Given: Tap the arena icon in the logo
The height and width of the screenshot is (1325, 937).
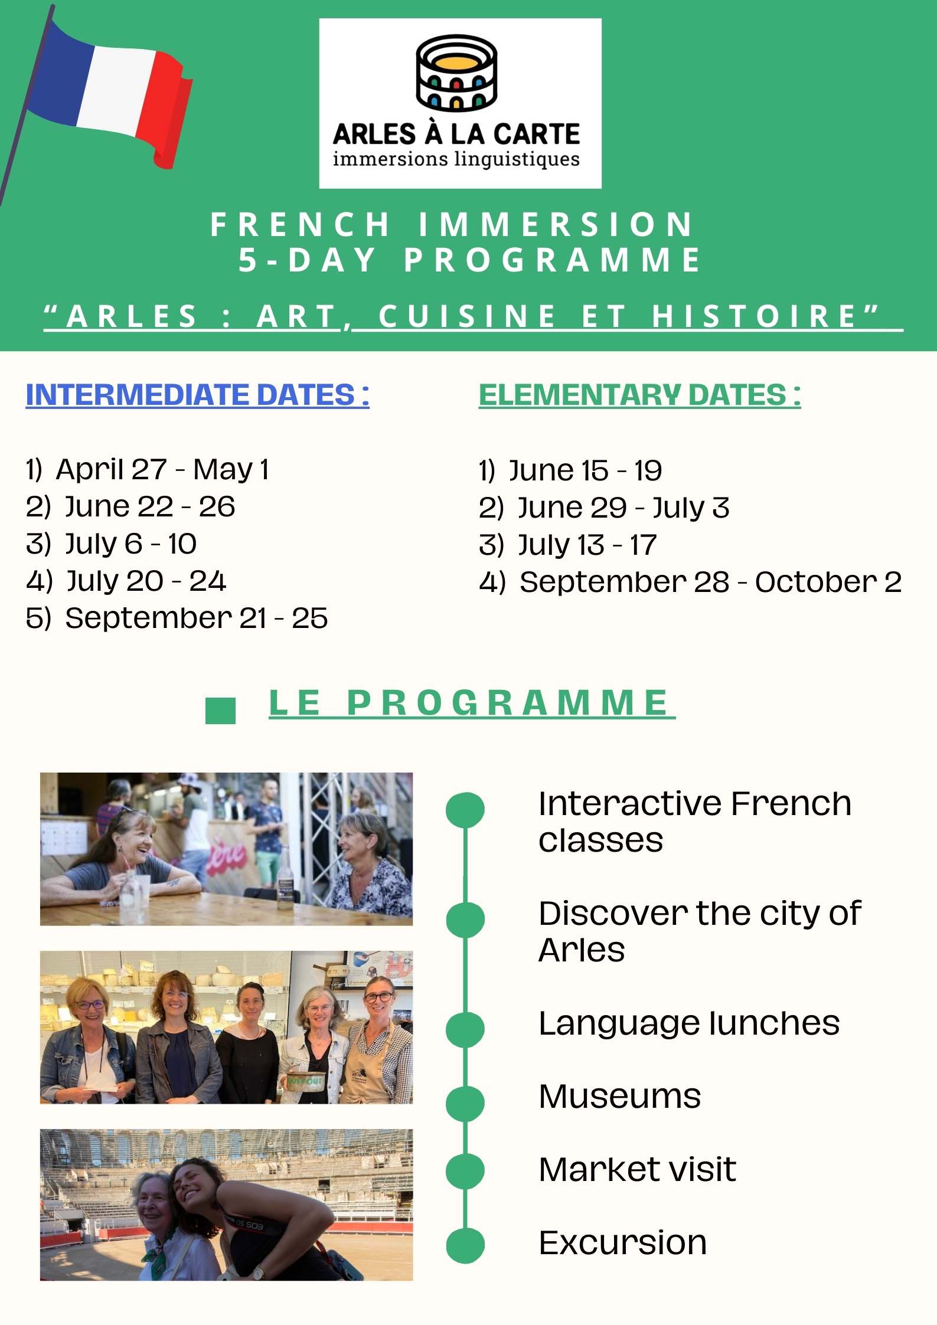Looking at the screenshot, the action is click(456, 73).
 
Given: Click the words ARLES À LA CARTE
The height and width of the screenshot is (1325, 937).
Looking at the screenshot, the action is click(456, 135).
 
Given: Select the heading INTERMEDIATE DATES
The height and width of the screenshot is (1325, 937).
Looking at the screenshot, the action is click(198, 395).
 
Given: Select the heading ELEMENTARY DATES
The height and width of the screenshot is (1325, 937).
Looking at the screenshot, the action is click(640, 395).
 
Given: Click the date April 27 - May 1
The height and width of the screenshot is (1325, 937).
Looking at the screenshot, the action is click(162, 470).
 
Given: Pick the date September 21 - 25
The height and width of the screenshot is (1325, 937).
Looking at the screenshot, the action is click(197, 619).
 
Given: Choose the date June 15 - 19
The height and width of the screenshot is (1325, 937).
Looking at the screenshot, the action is click(586, 471).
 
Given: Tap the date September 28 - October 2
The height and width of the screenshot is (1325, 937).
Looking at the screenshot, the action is click(711, 583).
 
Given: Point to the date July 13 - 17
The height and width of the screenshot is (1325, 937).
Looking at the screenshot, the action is click(587, 545).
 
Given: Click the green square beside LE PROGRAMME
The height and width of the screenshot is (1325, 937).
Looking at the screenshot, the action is click(220, 711).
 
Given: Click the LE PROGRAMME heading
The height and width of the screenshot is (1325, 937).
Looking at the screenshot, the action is click(472, 704).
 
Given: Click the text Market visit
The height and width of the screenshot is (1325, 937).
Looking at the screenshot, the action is click(638, 1169).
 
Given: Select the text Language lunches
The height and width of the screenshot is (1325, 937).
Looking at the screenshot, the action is click(689, 1023).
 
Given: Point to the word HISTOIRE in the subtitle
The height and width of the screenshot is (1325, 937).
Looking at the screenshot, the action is click(755, 316).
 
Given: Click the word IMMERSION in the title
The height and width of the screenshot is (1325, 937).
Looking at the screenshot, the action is click(556, 225).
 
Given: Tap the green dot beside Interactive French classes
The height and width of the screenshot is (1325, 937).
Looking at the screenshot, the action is click(465, 809).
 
